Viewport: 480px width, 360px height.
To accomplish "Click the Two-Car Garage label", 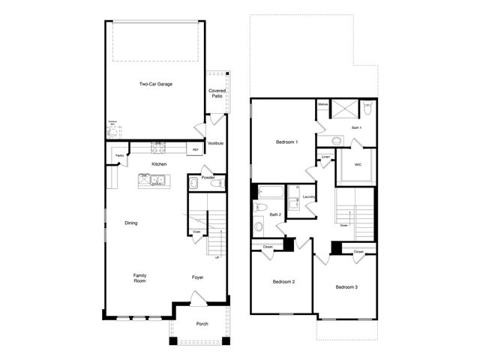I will [x=156, y=84].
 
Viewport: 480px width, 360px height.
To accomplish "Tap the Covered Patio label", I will [x=217, y=94].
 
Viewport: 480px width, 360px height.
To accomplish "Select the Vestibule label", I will [x=215, y=143].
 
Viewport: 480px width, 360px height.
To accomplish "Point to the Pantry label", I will [x=119, y=156].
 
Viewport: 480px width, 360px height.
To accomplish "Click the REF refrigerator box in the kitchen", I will [x=196, y=150].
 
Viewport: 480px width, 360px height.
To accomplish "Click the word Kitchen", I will [x=159, y=164].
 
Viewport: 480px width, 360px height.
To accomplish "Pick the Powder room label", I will [x=208, y=177].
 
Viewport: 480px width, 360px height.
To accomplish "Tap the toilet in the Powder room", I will [x=216, y=183].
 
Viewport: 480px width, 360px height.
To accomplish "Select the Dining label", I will [x=130, y=223].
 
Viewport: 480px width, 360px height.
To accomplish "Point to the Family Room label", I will [x=139, y=277].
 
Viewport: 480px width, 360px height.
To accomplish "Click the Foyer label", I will [x=197, y=277].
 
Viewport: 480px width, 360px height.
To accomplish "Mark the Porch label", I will [x=202, y=324].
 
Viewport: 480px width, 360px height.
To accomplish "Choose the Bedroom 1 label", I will [x=286, y=142].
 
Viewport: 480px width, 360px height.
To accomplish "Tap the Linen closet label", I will [x=325, y=157].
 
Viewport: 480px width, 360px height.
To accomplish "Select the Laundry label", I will [x=308, y=197].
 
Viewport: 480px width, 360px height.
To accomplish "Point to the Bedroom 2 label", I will [x=283, y=282].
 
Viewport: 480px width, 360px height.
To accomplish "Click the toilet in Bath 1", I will [x=367, y=109].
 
